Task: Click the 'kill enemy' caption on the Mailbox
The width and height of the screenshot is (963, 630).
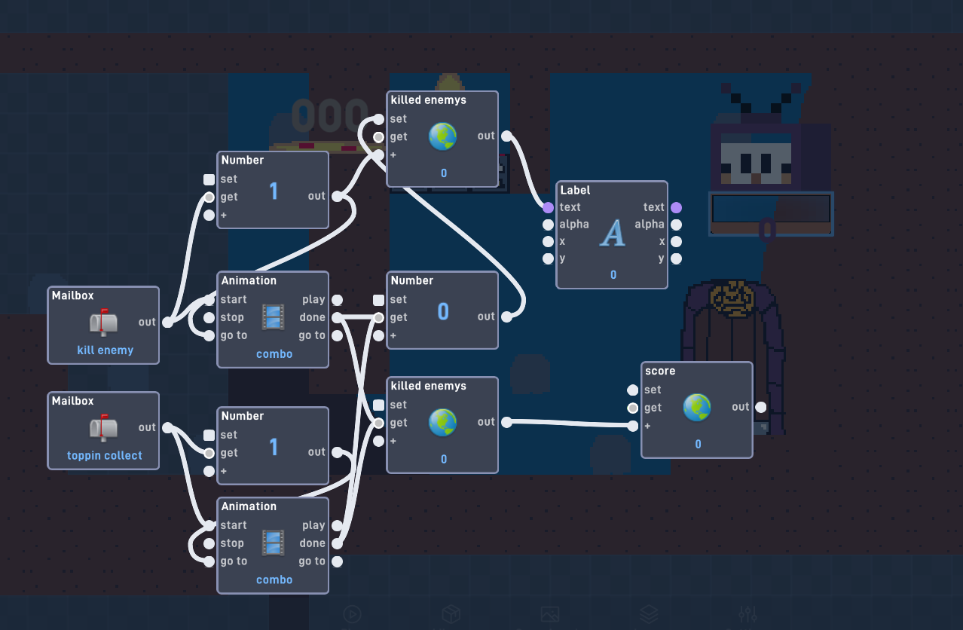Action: tap(105, 350)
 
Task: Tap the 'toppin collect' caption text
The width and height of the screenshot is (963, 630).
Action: tap(105, 455)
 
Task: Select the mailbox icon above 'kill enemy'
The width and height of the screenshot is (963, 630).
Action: tap(103, 322)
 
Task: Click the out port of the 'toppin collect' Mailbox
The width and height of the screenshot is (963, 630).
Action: tap(167, 427)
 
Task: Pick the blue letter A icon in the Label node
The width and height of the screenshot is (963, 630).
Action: tap(612, 233)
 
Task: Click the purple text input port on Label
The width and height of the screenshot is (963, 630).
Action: tap(548, 208)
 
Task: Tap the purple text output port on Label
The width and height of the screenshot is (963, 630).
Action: tap(676, 208)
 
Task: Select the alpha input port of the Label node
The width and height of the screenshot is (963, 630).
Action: tap(548, 225)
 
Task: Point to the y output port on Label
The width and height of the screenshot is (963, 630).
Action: tap(676, 258)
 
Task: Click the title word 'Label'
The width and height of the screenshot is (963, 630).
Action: tap(575, 190)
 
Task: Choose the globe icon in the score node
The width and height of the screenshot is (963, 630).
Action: tap(697, 407)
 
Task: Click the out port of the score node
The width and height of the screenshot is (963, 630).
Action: tap(760, 407)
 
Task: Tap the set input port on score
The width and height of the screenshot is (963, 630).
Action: tap(632, 390)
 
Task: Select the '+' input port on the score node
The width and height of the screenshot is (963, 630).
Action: tap(632, 427)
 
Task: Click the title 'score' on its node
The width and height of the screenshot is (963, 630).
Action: tap(660, 371)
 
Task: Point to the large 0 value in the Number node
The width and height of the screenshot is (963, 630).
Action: tap(443, 311)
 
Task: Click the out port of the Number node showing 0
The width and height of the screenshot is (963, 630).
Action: tap(507, 317)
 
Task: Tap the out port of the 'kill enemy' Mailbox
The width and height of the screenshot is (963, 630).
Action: tap(167, 322)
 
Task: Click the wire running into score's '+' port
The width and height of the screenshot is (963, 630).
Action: tap(570, 424)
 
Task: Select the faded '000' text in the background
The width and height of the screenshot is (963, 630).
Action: tap(330, 115)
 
